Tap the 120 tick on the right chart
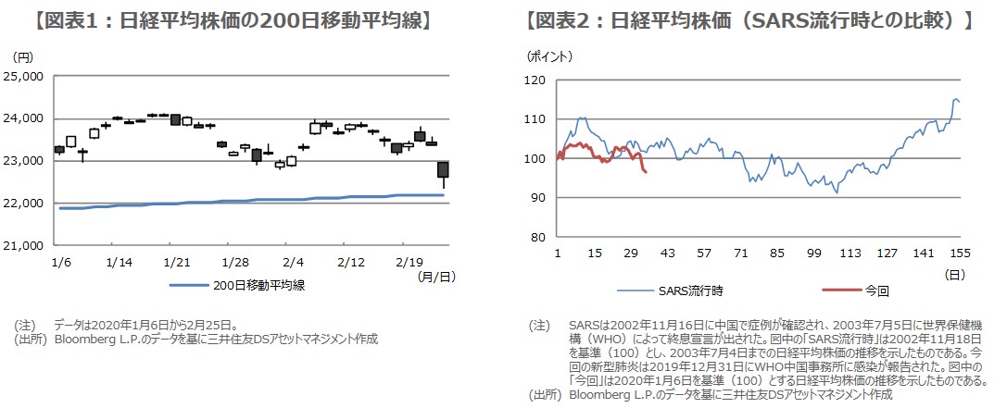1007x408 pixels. click(x=537, y=81)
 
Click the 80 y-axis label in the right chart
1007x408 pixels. click(x=540, y=238)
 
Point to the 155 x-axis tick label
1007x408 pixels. click(x=959, y=253)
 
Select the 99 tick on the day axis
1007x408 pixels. click(x=814, y=253)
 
